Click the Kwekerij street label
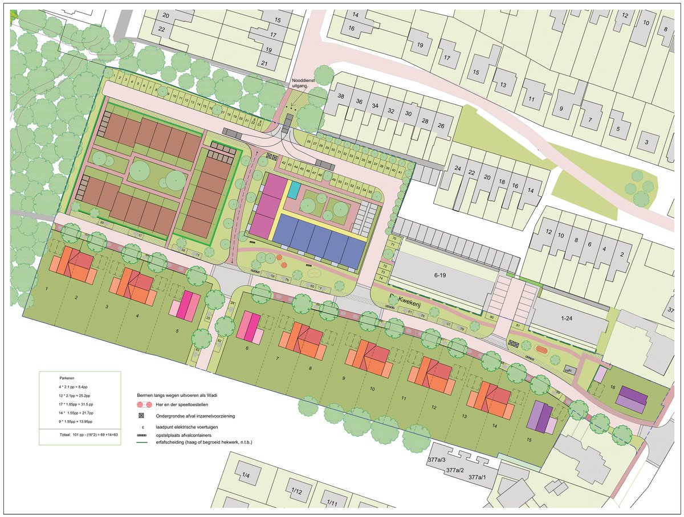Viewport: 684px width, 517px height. tap(399, 298)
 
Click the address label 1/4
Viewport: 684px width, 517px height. tap(246, 475)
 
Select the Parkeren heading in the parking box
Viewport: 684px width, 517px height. tap(67, 378)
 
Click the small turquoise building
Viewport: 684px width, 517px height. tap(294, 190)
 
